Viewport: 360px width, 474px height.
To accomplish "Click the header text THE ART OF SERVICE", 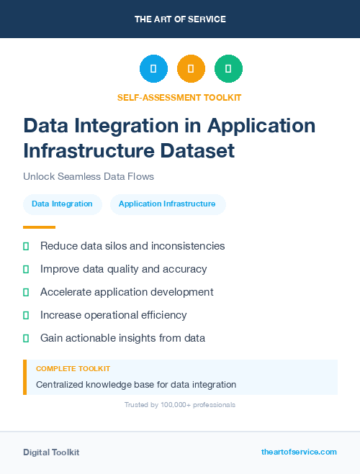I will pyautogui.click(x=180, y=19).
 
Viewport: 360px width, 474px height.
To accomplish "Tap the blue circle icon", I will pyautogui.click(x=153, y=69).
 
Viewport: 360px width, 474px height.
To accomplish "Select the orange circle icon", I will pyautogui.click(x=191, y=69).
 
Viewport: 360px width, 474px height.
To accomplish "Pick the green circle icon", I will pyautogui.click(x=228, y=69).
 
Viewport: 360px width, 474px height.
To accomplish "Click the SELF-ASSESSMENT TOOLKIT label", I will pyautogui.click(x=179, y=97).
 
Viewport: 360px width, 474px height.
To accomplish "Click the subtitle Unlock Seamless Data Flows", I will pyautogui.click(x=89, y=176).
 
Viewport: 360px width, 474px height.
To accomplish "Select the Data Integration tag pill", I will pyautogui.click(x=62, y=204).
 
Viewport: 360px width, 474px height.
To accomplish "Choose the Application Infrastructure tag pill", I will pyautogui.click(x=167, y=204).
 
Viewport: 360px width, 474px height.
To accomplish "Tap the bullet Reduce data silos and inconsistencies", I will pyautogui.click(x=132, y=246).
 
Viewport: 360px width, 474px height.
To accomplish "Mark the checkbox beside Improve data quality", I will pyautogui.click(x=26, y=269).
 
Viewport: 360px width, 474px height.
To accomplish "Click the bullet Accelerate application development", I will pyautogui.click(x=127, y=292).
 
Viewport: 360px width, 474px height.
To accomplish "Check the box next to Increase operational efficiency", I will pyautogui.click(x=26, y=315).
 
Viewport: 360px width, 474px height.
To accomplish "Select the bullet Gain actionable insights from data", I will pyautogui.click(x=122, y=338).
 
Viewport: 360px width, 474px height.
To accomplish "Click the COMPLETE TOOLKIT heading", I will pyautogui.click(x=73, y=369).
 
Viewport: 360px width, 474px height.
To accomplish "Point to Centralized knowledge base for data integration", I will pyautogui.click(x=136, y=385).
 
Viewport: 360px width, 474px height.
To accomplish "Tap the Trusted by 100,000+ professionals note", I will pyautogui.click(x=180, y=405).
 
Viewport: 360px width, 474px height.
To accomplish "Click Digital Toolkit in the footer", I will pyautogui.click(x=51, y=452).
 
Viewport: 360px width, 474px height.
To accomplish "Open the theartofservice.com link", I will pyautogui.click(x=299, y=452).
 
